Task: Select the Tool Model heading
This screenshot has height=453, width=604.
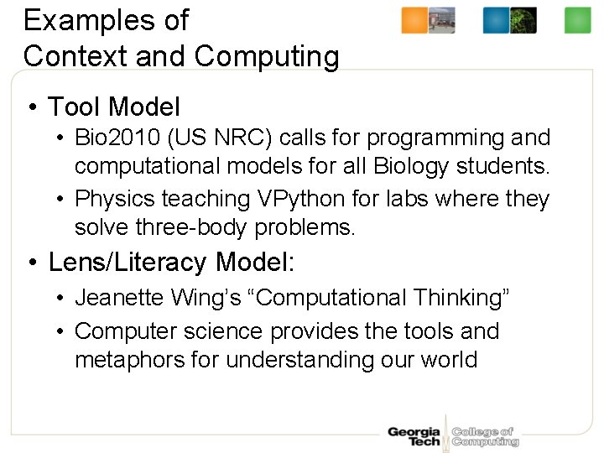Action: pos(113,107)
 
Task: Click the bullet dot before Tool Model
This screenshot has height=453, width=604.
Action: pos(31,107)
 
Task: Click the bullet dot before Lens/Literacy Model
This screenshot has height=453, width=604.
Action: pos(31,263)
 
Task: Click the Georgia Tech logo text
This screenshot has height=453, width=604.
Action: pos(414,436)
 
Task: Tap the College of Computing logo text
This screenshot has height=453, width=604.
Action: pos(485,436)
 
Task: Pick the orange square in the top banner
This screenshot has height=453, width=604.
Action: pos(414,20)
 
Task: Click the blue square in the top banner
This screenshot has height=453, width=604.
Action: pos(496,20)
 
